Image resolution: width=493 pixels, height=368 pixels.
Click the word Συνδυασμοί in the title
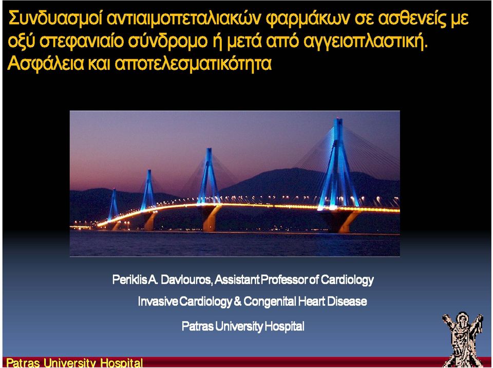coord(55,19)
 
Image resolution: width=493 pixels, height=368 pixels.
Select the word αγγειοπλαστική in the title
coord(364,42)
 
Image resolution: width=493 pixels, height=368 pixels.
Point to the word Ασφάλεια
coord(46,64)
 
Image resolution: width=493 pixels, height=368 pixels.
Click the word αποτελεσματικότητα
coord(193,64)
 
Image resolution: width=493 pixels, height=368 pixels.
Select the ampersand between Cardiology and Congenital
coord(238,301)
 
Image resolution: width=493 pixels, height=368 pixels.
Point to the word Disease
coord(347,301)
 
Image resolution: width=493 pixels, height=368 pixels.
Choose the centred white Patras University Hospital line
coord(243,326)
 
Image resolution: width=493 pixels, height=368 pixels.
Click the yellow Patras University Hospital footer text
coord(74,363)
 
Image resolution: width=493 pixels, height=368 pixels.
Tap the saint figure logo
coord(462,339)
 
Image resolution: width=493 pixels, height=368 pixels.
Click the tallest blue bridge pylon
coord(338,163)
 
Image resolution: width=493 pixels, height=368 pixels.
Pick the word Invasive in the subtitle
coord(158,302)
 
